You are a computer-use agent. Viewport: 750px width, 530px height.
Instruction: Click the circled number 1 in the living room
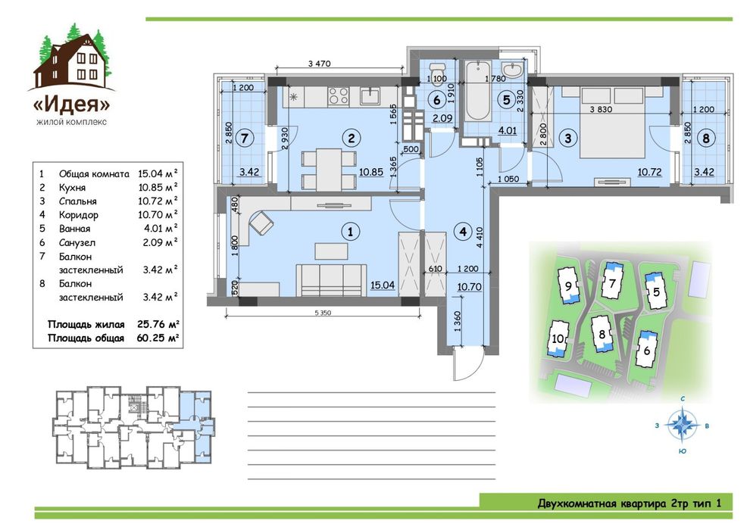pos(350,232)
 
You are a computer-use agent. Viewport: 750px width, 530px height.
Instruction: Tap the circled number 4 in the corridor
pos(463,232)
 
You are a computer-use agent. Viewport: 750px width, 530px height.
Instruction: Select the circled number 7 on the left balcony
pos(245,139)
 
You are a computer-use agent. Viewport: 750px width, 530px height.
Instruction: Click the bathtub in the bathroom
pos(478,91)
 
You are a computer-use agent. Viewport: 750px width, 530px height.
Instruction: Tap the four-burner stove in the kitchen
pos(338,97)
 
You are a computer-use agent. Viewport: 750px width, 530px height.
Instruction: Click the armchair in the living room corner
pos(261,223)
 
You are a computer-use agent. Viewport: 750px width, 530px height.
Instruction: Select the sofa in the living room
pos(331,279)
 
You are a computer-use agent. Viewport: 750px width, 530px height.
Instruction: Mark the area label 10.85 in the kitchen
pos(371,172)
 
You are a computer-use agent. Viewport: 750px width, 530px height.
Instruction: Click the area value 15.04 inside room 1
pos(383,285)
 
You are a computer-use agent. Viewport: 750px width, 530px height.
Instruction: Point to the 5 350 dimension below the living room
pos(323,313)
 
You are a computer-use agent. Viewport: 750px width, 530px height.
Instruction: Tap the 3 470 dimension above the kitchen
pos(319,63)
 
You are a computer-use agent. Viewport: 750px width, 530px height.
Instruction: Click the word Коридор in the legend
pos(79,215)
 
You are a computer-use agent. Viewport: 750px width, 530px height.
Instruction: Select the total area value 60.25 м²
pos(158,338)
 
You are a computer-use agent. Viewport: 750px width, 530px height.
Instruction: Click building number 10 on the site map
pos(558,339)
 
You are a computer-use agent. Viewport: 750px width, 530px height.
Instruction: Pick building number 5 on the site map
pos(656,291)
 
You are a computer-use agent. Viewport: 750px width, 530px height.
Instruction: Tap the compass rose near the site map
pos(683,424)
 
